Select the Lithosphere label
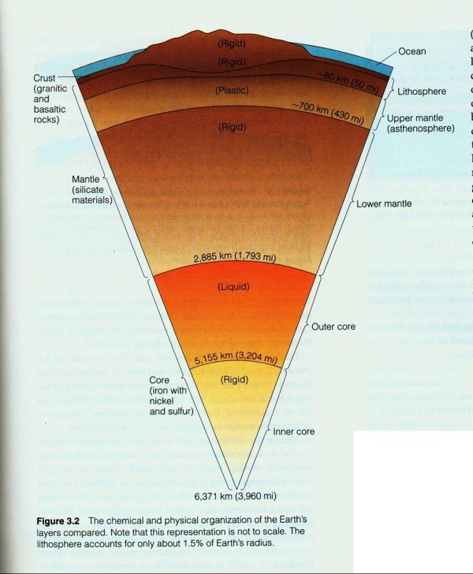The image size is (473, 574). pos(421,91)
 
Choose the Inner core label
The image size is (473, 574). pos(293,431)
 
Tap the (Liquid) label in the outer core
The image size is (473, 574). pos(233,285)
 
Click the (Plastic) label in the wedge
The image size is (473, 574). pos(233,91)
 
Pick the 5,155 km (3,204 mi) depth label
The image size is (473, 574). pos(237,360)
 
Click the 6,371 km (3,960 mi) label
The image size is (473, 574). pos(235,498)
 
